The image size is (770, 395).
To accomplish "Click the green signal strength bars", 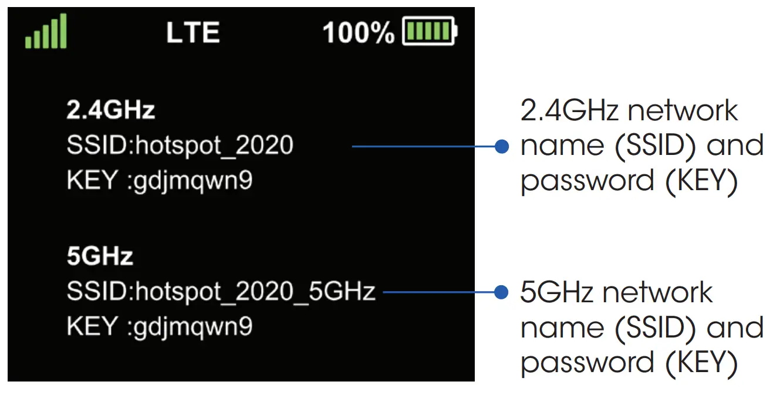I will click(x=46, y=33).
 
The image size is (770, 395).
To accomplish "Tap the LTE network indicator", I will click(x=193, y=33).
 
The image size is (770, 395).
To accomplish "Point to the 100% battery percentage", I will click(x=359, y=33).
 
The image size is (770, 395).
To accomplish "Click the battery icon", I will click(x=429, y=32).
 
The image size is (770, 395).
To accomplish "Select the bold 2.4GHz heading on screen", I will click(x=110, y=110).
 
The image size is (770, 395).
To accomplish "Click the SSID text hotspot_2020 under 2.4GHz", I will click(x=180, y=146).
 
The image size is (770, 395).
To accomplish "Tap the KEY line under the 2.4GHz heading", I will click(x=160, y=181).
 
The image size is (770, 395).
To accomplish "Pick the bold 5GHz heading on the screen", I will click(x=100, y=256).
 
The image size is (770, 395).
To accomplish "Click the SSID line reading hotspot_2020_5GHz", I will click(x=221, y=291).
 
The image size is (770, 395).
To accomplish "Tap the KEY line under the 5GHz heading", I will click(x=160, y=326).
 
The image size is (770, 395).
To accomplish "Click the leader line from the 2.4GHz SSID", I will click(x=423, y=146).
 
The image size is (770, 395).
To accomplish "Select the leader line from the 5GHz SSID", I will click(x=437, y=292).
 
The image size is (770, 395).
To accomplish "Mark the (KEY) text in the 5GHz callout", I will click(x=701, y=363).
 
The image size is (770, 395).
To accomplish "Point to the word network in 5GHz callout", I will click(x=657, y=292).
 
